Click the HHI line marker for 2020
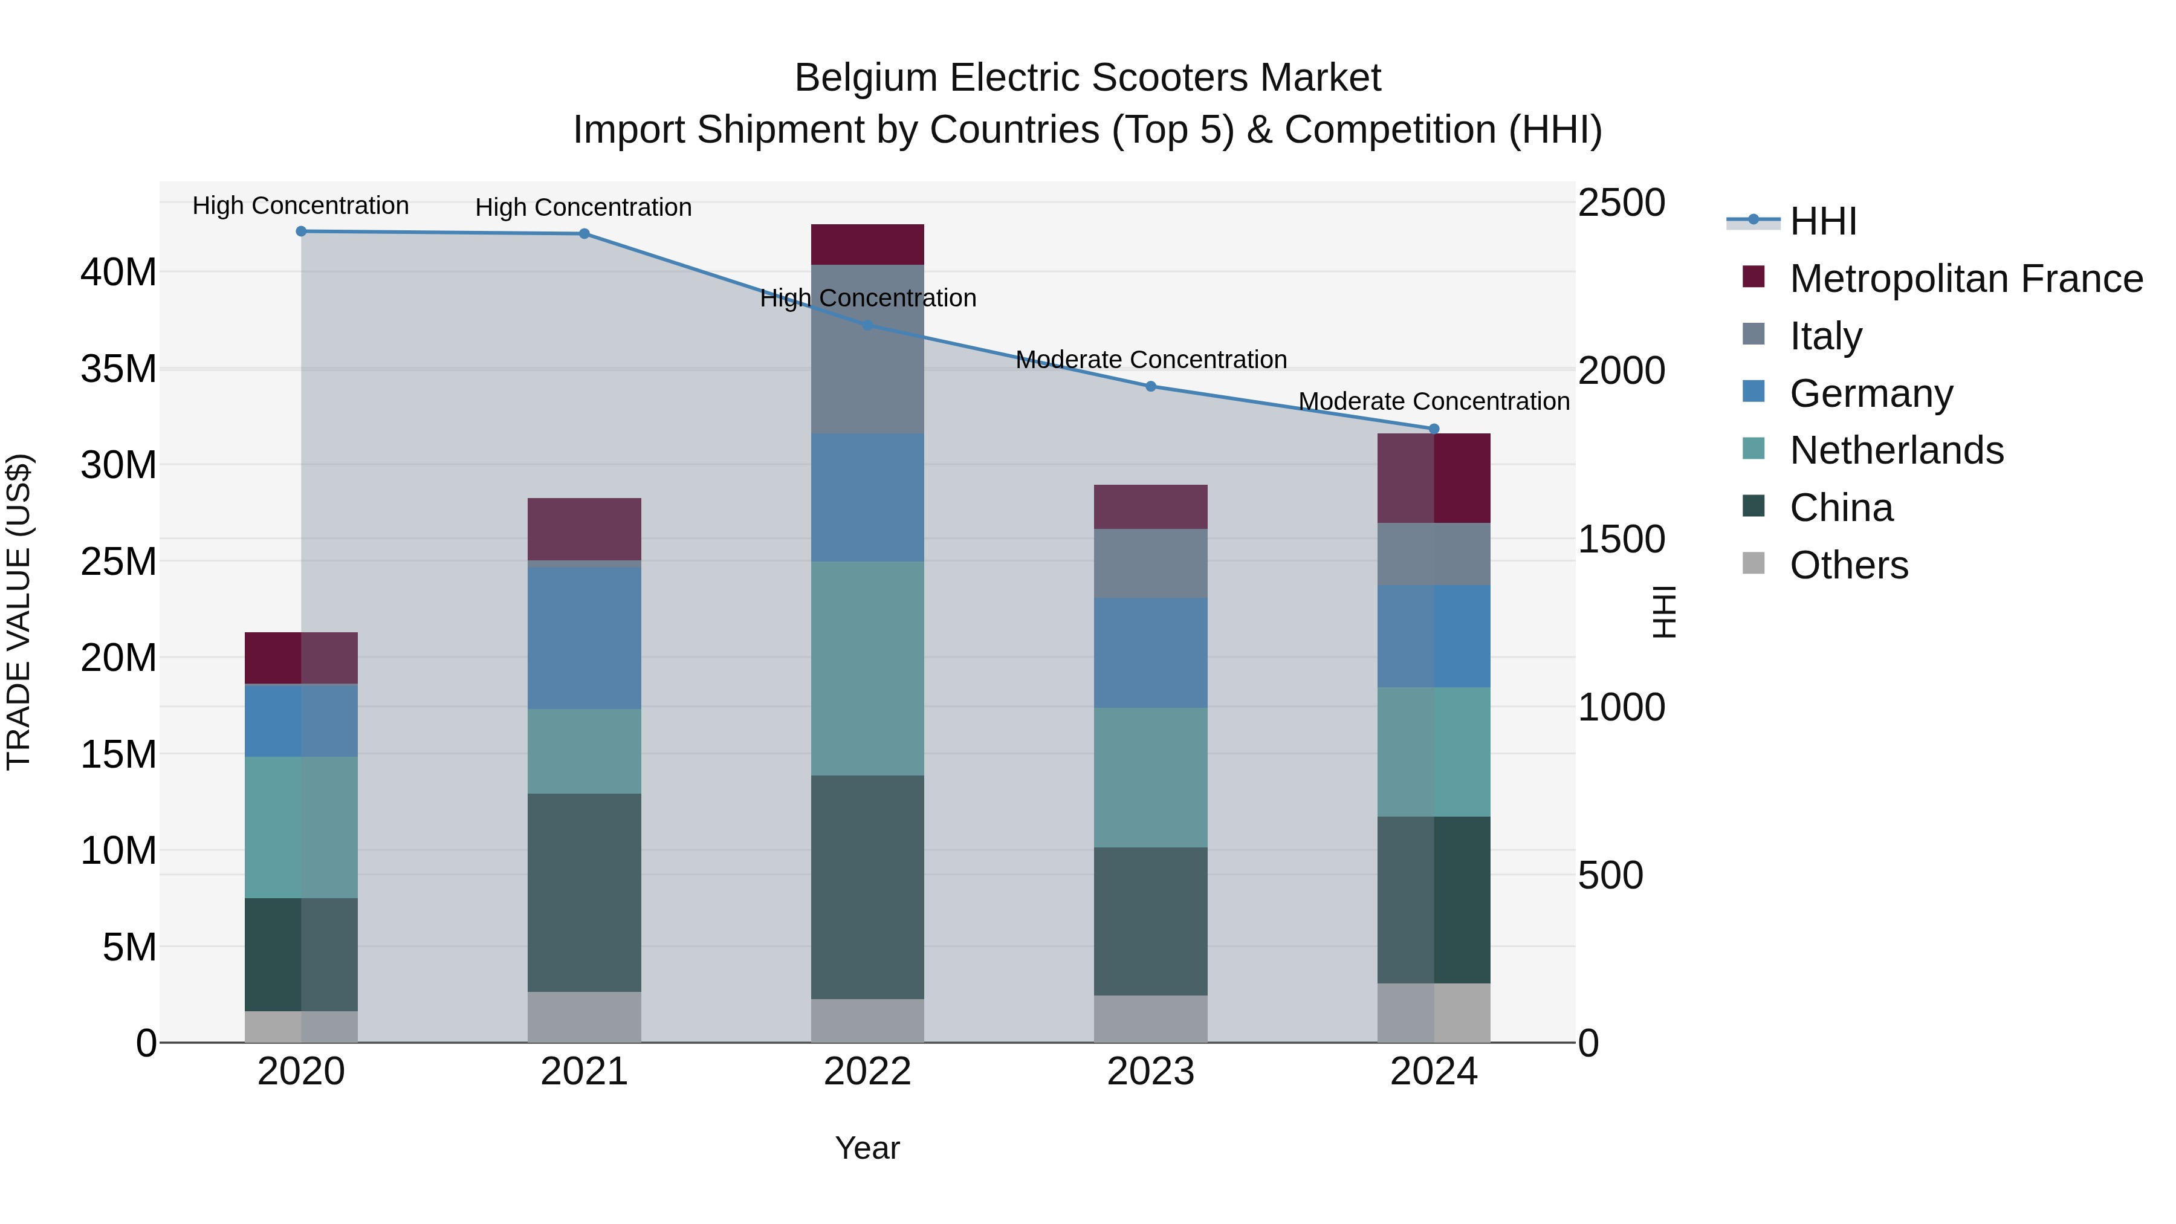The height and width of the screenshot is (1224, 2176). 301,232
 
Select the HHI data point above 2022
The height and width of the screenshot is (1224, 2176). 867,325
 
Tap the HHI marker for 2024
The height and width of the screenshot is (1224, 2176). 1434,429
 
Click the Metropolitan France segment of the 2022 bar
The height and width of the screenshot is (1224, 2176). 867,245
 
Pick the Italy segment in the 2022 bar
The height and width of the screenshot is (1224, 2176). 867,349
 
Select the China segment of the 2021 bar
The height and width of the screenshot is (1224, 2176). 584,892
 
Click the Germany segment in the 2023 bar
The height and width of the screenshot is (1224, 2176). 1150,653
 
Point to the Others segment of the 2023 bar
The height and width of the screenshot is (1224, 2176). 1150,1018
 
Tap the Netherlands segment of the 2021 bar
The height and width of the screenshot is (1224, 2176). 584,751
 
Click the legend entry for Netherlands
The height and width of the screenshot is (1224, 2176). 1896,450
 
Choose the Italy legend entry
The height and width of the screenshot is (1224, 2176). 1825,336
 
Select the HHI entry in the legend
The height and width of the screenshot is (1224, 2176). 1823,221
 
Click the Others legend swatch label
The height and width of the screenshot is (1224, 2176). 1848,565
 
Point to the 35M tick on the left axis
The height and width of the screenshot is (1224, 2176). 118,369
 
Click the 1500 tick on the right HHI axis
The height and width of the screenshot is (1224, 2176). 1621,540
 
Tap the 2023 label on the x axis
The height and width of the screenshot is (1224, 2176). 1150,1072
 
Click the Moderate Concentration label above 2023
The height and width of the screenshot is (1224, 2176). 1150,360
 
